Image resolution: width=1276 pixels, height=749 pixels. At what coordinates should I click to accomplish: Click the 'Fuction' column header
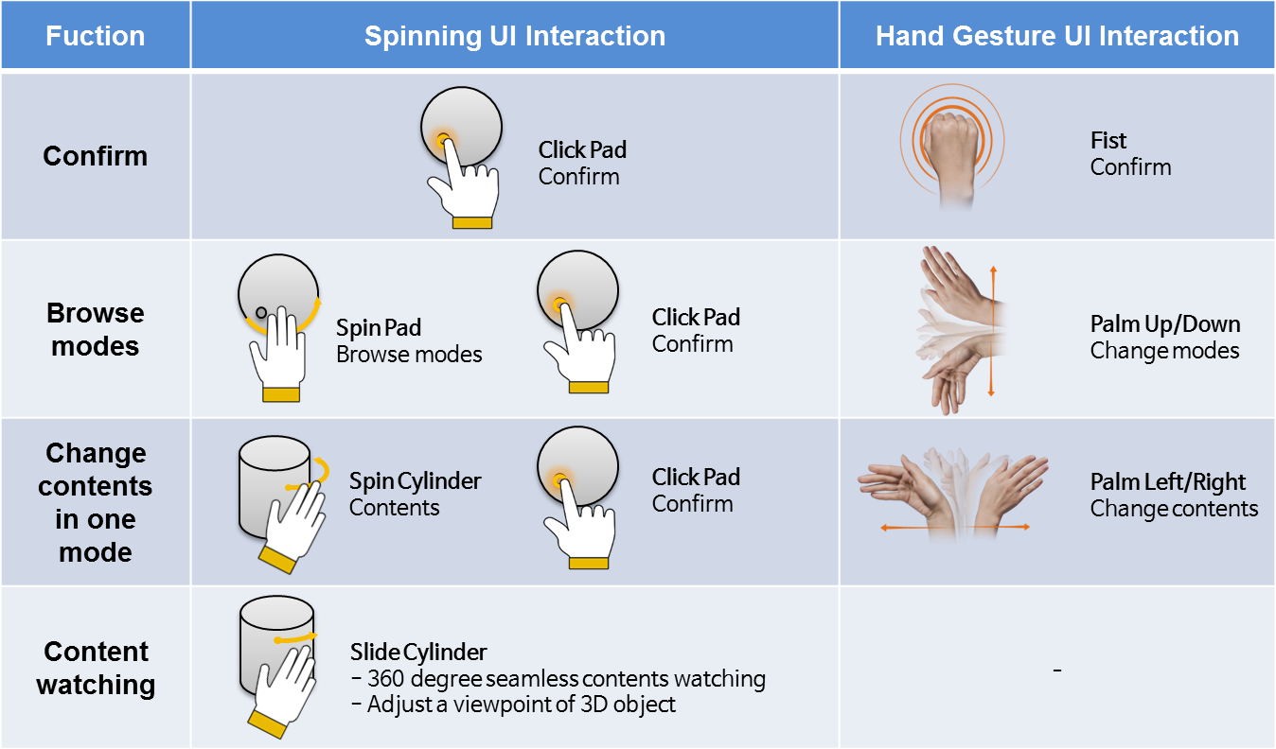pos(95,36)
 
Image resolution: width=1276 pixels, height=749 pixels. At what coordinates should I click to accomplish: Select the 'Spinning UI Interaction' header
pos(515,36)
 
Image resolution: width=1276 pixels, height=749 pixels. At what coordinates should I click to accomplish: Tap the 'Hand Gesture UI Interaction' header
pos(1057,36)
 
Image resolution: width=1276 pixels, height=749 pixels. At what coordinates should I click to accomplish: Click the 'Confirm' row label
pos(95,156)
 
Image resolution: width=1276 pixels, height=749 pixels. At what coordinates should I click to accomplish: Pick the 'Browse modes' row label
pos(95,329)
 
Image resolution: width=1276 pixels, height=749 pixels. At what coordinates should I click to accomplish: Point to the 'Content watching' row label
pos(95,668)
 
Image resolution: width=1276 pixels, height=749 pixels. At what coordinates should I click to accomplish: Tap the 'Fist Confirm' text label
pos(1130,154)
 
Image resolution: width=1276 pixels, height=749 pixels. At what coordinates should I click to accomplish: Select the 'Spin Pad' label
pos(379,328)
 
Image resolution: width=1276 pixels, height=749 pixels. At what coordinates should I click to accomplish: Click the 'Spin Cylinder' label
pos(415,480)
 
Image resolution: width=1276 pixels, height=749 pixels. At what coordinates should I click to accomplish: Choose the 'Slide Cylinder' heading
pos(418,652)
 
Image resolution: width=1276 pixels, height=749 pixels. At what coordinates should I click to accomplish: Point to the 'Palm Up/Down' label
pos(1164,324)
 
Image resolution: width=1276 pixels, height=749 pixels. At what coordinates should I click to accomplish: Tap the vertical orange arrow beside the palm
pos(992,331)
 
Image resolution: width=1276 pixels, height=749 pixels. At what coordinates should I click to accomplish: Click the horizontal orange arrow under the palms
pos(953,527)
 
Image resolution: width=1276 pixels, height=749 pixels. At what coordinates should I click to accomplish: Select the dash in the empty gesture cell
pos(1056,671)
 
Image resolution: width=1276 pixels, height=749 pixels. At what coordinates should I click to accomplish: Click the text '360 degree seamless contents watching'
pos(565,679)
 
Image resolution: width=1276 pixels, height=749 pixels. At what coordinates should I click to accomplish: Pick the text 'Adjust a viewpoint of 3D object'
pos(521,705)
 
